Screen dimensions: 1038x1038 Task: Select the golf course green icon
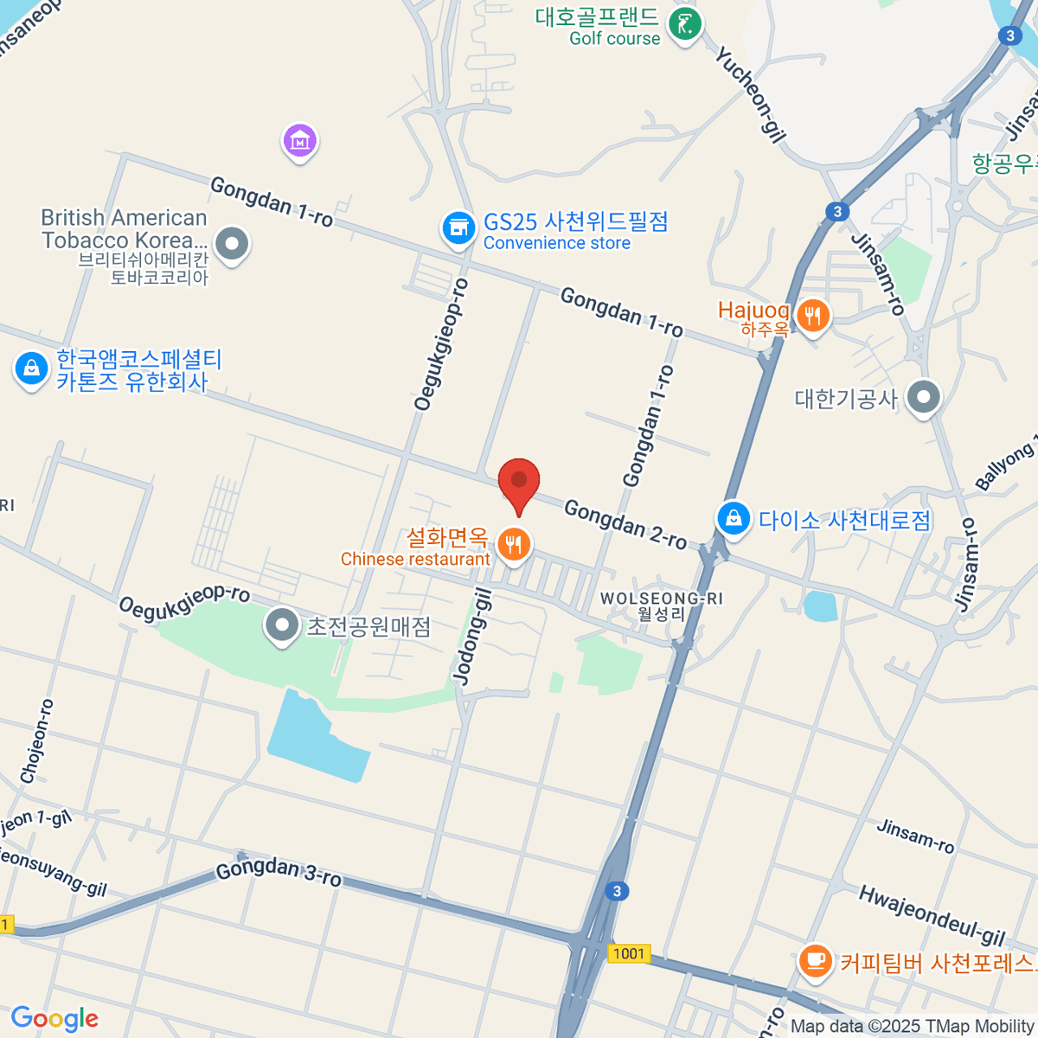[x=685, y=24]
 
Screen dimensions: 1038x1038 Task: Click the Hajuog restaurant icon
[x=811, y=317]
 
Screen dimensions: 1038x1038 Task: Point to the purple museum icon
[x=299, y=139]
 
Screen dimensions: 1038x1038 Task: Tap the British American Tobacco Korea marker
[x=232, y=245]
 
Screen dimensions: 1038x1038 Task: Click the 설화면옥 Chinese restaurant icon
[x=515, y=545]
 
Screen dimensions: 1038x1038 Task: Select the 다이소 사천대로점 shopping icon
[x=734, y=519]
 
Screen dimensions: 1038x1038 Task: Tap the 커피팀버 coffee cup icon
[x=814, y=961]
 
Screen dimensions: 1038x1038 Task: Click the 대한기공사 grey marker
[x=924, y=398]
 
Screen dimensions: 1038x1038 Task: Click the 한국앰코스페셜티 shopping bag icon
[x=31, y=369]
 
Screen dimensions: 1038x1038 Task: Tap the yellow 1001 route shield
[x=629, y=953]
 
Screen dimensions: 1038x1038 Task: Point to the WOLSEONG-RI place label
[x=662, y=599]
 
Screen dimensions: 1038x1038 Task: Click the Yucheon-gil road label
[x=750, y=94]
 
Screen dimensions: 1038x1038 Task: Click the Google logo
[x=54, y=1019]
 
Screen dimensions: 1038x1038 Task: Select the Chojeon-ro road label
[x=37, y=741]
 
